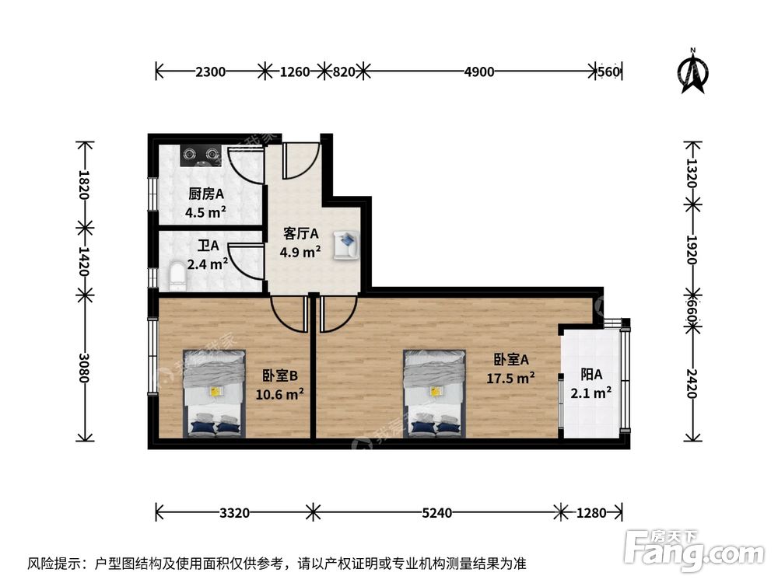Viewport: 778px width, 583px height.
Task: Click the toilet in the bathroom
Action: tap(177, 275)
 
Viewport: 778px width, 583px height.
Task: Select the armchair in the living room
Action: tap(345, 245)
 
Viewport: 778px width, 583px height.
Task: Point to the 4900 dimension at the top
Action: tap(479, 72)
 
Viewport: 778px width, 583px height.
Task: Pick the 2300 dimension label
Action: tap(210, 72)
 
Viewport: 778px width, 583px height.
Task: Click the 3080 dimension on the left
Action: tap(85, 367)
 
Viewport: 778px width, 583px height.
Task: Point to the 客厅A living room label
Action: tap(301, 233)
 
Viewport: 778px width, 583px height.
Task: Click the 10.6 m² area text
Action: tap(279, 393)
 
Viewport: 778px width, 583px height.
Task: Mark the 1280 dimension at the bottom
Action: tap(592, 513)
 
